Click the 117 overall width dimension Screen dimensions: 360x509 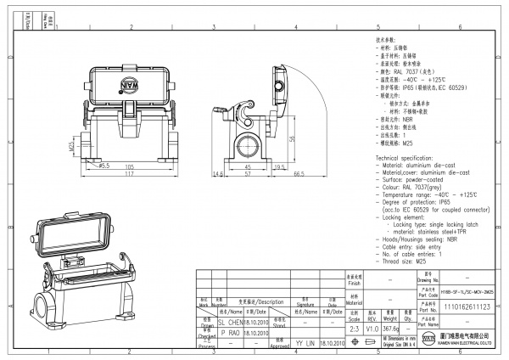coord(131,174)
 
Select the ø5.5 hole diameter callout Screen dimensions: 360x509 coord(106,166)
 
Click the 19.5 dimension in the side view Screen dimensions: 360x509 coord(278,166)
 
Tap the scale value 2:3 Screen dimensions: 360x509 coord(354,327)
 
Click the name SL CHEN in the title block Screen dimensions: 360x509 coord(231,323)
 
